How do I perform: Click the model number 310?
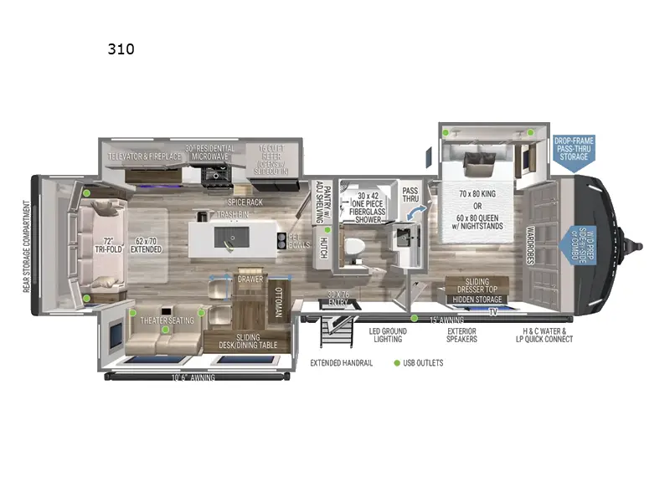[121, 49]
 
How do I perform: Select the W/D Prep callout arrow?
[576, 246]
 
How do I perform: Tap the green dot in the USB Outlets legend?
[396, 363]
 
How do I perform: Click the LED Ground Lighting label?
[386, 335]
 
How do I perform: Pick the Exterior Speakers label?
[461, 335]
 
